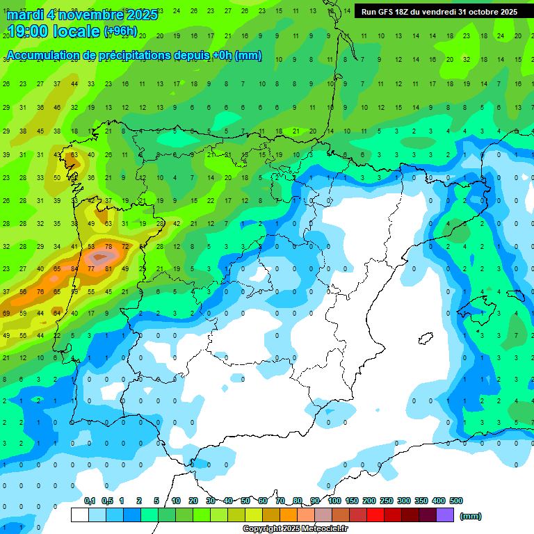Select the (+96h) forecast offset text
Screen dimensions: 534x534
[120, 32]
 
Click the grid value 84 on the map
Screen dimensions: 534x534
[74, 268]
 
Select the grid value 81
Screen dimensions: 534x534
[108, 268]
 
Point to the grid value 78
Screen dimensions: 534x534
[108, 246]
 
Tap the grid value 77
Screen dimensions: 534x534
[91, 268]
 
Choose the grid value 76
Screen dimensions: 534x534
[40, 292]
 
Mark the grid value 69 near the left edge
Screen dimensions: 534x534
[6, 314]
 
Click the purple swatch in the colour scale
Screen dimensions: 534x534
[445, 515]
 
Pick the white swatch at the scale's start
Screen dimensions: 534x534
[80, 515]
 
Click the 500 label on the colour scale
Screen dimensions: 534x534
[455, 501]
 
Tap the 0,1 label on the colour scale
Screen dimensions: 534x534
[90, 501]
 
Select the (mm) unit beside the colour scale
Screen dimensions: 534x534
[471, 516]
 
